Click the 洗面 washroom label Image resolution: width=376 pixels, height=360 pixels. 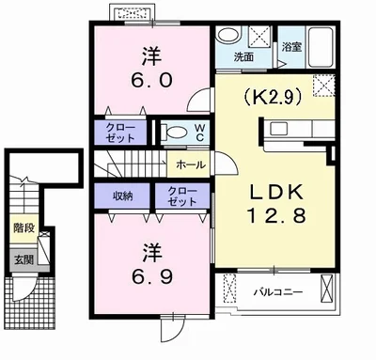coord(243,57)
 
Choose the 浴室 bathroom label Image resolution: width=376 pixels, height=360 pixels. coord(290,46)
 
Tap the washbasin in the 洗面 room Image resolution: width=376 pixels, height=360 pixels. coord(229,38)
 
